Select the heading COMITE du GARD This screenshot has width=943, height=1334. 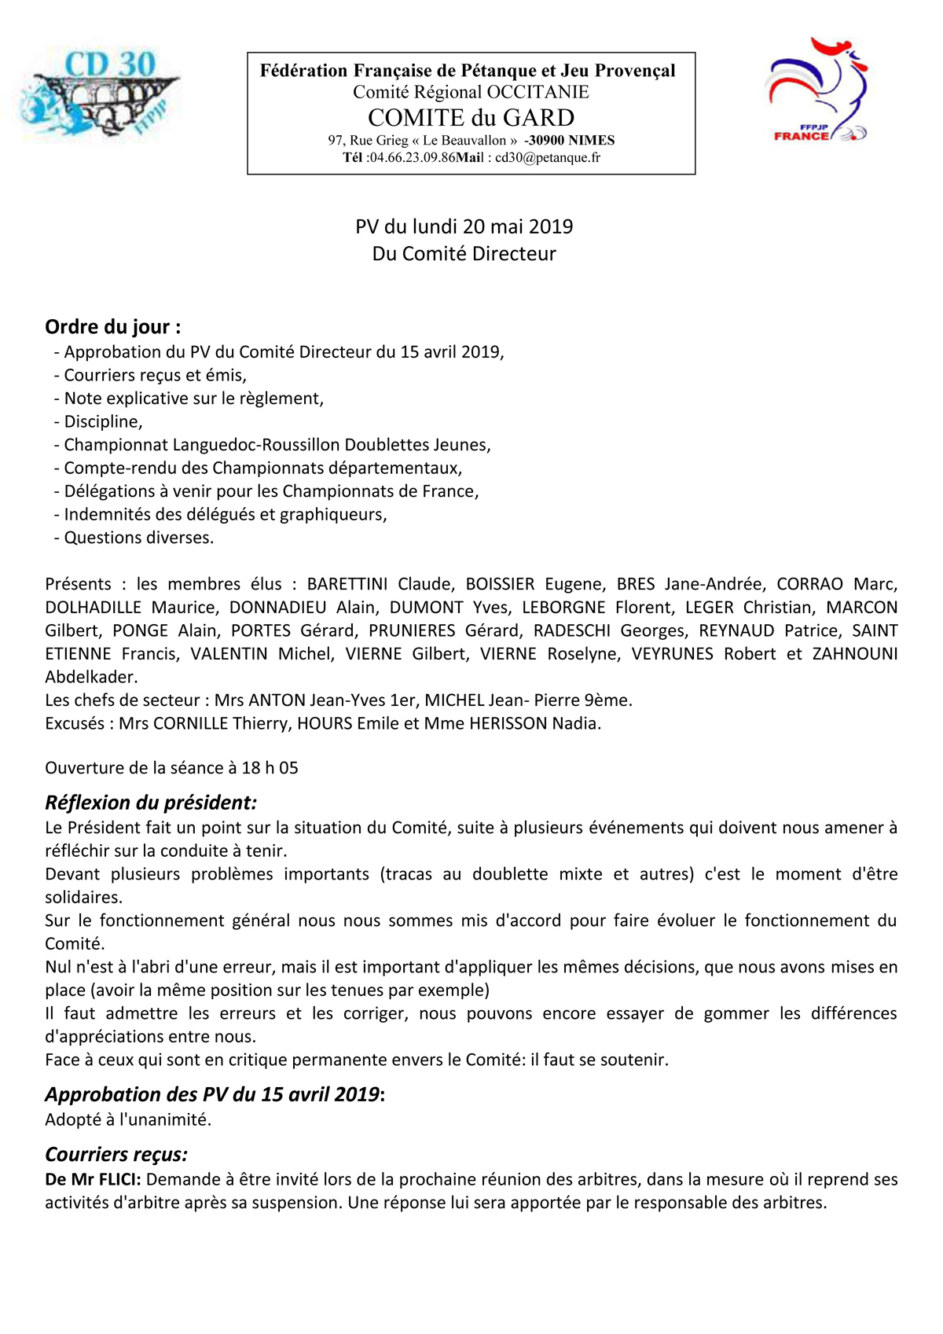471,118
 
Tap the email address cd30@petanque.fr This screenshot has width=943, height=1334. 548,157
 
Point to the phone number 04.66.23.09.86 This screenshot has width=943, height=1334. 413,157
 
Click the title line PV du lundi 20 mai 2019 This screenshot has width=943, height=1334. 464,226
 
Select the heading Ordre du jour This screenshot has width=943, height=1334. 112,327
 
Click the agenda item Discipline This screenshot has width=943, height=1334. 103,421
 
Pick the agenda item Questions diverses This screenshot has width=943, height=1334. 138,538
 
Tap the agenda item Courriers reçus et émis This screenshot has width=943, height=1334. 155,375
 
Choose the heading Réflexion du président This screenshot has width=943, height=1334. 151,803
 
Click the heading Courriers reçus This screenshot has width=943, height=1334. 116,1154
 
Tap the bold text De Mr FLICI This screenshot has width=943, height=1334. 93,1179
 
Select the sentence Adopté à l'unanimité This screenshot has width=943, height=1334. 128,1119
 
